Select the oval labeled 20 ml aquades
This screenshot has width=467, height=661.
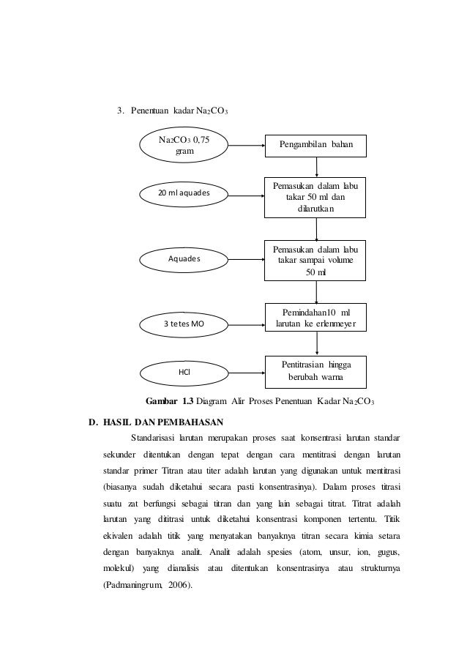coord(183,193)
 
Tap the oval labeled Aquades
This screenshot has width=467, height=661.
coord(183,258)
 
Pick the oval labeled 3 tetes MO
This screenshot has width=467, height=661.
coord(183,322)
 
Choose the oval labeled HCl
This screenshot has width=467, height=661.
coord(183,372)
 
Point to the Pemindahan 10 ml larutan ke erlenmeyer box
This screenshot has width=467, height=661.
coord(316,318)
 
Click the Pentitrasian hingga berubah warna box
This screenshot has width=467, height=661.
coord(316,371)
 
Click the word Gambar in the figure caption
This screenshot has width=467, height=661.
coord(162,400)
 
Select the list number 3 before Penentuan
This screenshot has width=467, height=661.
coord(121,111)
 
